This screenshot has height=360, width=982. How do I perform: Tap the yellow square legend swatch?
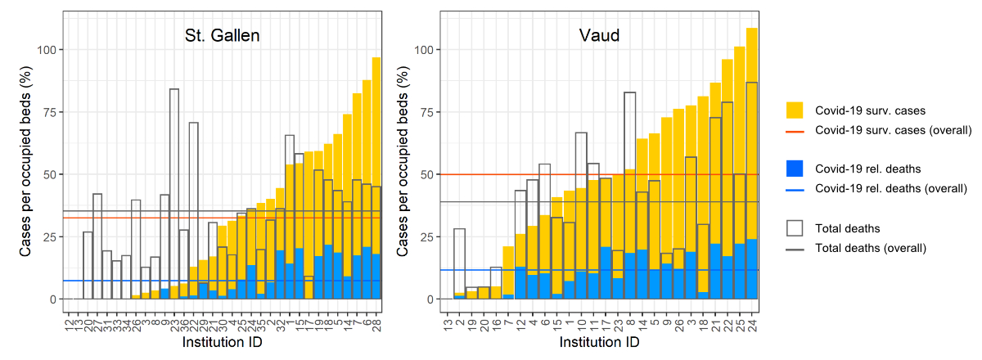tap(795, 110)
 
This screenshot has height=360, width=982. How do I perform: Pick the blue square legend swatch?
tap(795, 169)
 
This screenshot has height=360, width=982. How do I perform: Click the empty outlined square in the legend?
tap(795, 227)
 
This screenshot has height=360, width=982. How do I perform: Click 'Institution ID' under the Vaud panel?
tap(600, 344)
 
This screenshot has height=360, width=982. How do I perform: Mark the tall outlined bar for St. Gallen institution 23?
tap(174, 164)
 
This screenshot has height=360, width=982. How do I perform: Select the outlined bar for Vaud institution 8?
tap(629, 164)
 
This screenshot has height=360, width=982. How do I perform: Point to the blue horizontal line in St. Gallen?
tap(123, 281)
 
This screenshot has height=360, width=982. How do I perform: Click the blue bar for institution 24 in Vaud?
tap(752, 270)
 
